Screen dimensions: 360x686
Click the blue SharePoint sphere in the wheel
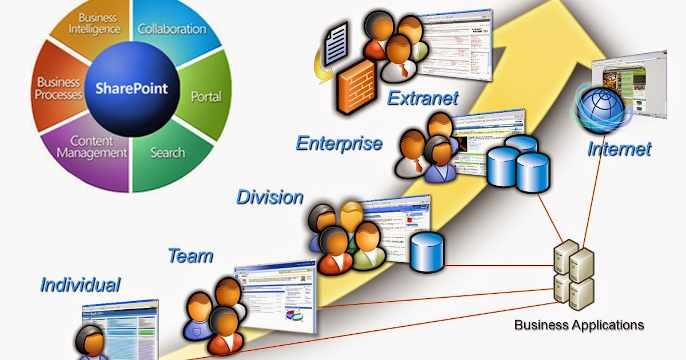tap(132, 88)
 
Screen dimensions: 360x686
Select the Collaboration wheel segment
tap(171, 29)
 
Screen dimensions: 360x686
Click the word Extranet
tap(422, 98)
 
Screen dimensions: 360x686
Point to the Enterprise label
tap(339, 143)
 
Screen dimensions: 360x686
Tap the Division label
tap(270, 197)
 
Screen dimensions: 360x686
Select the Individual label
tap(81, 284)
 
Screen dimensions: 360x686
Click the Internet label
tap(619, 149)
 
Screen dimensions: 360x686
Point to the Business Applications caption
tap(579, 325)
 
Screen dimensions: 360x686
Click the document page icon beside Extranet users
tap(338, 42)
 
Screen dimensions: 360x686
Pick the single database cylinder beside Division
tap(426, 251)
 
